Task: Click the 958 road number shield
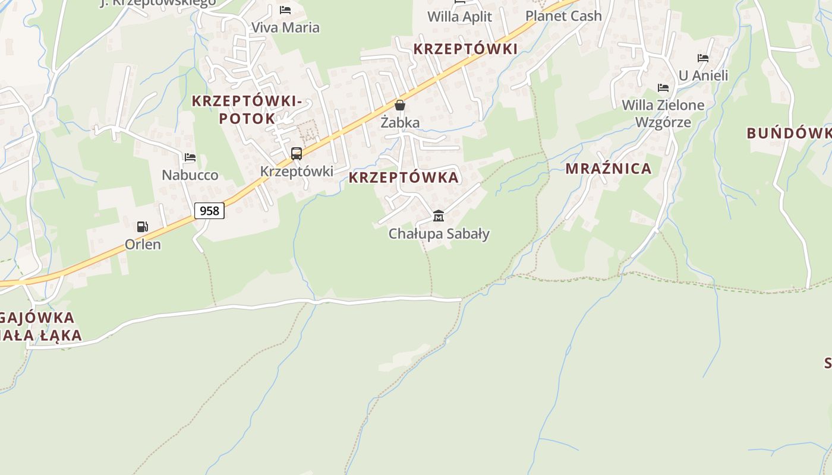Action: point(209,211)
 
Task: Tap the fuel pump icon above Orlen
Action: point(142,226)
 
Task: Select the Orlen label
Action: point(143,244)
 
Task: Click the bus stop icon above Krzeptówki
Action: point(296,154)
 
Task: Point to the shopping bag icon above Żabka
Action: point(400,105)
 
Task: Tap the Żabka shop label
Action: point(400,123)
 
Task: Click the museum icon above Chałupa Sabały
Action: point(439,216)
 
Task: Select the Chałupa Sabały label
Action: point(439,234)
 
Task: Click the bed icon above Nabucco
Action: point(190,157)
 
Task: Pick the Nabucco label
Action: point(190,175)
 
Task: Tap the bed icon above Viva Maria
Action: point(285,10)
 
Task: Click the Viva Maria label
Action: point(285,27)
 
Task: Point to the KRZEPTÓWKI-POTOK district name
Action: point(247,110)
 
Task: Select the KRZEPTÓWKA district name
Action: point(404,178)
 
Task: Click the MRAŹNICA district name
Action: point(609,169)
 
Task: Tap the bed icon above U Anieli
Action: point(703,58)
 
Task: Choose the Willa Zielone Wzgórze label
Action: point(663,113)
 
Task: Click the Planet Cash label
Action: point(563,16)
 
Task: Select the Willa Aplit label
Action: point(460,17)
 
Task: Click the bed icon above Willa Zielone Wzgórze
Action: point(663,88)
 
